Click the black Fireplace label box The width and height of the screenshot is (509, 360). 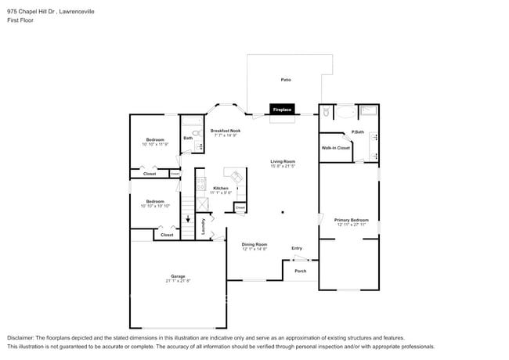pyautogui.click(x=282, y=110)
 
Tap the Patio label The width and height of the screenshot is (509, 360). pyautogui.click(x=286, y=80)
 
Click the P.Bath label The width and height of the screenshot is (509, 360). pyautogui.click(x=357, y=131)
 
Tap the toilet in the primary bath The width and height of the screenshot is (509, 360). pyautogui.click(x=326, y=113)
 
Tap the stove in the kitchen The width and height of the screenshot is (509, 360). pyautogui.click(x=201, y=186)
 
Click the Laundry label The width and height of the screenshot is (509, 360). pyautogui.click(x=203, y=227)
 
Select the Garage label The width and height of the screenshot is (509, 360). pyautogui.click(x=179, y=277)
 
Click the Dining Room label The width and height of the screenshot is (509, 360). pyautogui.click(x=254, y=246)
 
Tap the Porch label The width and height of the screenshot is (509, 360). pyautogui.click(x=300, y=271)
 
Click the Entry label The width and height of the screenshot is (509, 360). pyautogui.click(x=297, y=248)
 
